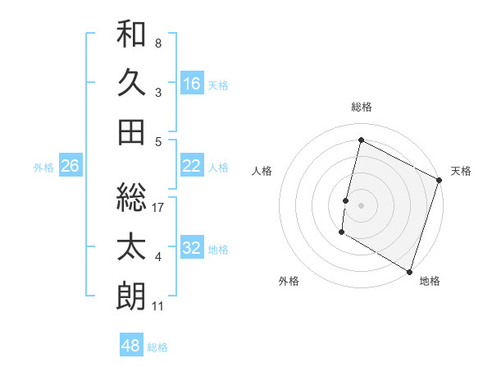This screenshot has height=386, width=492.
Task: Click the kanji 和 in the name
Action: tap(131, 35)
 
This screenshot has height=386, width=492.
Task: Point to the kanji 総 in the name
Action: tap(131, 197)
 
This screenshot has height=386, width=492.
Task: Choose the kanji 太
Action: tap(131, 247)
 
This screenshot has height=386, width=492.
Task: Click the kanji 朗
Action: tap(131, 296)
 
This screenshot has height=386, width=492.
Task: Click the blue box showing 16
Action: tap(191, 83)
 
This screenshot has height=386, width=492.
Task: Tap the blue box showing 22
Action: tap(191, 166)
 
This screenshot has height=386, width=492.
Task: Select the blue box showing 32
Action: tap(191, 248)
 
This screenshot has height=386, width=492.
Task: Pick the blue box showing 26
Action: tap(70, 166)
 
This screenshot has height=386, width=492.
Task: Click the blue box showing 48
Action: tap(130, 345)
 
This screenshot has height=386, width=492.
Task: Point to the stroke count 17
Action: tap(159, 208)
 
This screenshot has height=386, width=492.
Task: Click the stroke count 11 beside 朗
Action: tap(158, 306)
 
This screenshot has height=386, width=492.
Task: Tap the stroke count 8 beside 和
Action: tap(158, 43)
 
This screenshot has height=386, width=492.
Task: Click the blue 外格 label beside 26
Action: tap(43, 167)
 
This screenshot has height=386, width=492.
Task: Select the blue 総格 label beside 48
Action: tap(158, 347)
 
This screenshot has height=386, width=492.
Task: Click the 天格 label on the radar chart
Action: tap(461, 171)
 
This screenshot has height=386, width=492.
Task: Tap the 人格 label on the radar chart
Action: tap(262, 171)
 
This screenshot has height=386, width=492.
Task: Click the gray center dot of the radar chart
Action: tap(361, 203)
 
